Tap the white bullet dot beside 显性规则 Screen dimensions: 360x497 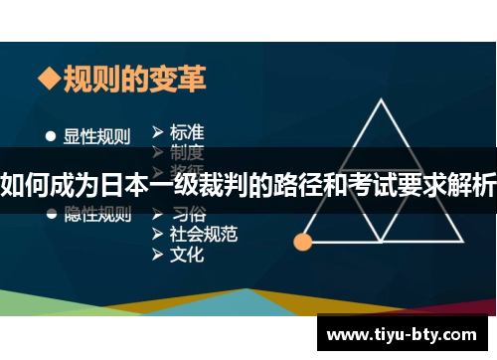click(x=50, y=135)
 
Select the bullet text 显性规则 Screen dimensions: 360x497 click(x=97, y=135)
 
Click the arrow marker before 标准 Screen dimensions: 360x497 click(x=158, y=130)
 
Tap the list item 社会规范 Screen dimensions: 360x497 click(x=204, y=234)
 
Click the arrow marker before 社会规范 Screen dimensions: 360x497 click(x=158, y=234)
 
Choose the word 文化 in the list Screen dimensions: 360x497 click(x=187, y=255)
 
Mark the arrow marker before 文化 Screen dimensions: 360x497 click(x=158, y=255)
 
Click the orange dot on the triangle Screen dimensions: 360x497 click(x=303, y=241)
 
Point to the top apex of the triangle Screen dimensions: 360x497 click(x=383, y=101)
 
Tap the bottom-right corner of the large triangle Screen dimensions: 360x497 click(x=463, y=241)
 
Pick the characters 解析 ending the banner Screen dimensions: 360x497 click(x=475, y=183)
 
